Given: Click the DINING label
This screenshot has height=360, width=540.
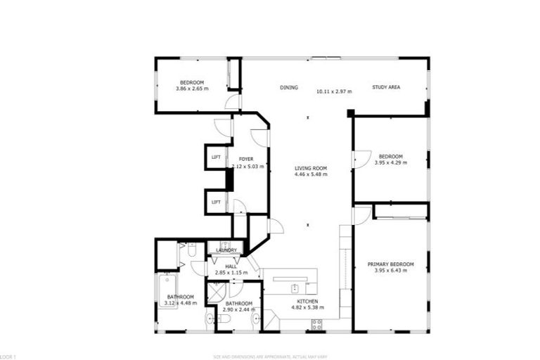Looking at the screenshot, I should pos(289,88).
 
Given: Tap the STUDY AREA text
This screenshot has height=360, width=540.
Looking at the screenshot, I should pos(386,88).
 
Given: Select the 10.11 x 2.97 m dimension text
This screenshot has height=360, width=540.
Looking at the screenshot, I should pos(333,91).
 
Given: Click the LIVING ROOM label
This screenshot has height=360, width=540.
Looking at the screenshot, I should pos(311,168).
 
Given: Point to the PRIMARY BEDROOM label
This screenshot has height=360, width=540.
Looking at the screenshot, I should pos(391,264).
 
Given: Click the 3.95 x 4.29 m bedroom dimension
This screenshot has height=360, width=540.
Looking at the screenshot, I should pos(391,162).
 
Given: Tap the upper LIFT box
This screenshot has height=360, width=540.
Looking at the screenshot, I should pos(216,157).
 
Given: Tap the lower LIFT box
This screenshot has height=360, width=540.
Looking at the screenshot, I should pos(216,202).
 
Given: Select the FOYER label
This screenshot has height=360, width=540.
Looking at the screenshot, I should pos(245,160).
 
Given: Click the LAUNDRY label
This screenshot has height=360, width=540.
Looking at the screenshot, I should pos(226,250).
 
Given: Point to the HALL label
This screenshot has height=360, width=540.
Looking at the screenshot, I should pos(230,266).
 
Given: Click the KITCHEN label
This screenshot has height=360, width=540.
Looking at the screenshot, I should pos(306,300).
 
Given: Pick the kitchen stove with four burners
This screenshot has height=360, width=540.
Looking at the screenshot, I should pos(316,324).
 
